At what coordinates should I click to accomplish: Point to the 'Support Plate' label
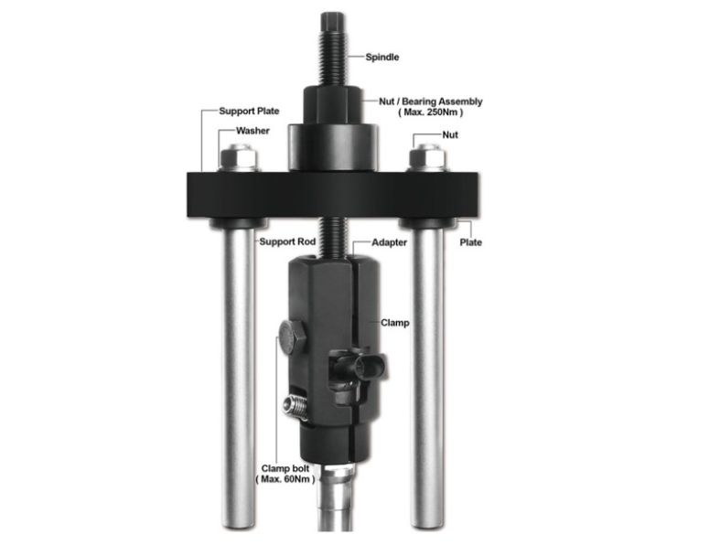point(246,112)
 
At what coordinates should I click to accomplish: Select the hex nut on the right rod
point(427,158)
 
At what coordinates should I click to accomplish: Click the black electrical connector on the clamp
point(357,369)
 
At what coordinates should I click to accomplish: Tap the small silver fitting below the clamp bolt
point(295,403)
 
